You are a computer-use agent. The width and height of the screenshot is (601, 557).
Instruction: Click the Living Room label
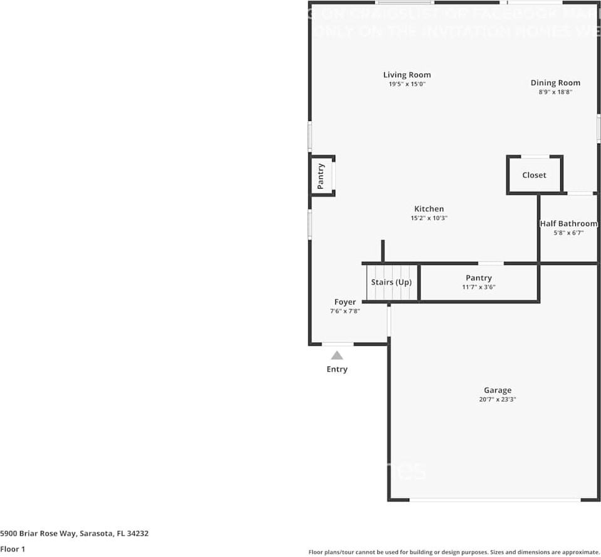[x=407, y=75]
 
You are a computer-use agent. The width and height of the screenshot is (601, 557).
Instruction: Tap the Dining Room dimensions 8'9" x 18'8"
[x=555, y=91]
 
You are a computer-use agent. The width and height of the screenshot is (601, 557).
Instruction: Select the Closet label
[x=534, y=175]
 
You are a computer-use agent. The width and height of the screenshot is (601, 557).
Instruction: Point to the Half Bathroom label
[x=568, y=224]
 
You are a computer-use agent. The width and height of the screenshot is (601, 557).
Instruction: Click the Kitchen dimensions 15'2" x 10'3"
[x=429, y=218]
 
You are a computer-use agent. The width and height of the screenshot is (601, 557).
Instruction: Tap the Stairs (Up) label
[x=391, y=282]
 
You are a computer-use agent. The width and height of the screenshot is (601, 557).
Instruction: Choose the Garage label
[x=497, y=390]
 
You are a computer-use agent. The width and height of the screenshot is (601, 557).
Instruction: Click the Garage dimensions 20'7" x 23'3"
[x=497, y=399]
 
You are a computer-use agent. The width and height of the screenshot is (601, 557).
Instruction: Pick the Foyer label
[x=345, y=302]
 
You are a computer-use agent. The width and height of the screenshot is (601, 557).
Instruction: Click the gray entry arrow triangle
[x=337, y=355]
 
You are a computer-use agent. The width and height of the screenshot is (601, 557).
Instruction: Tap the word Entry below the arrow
[x=337, y=369]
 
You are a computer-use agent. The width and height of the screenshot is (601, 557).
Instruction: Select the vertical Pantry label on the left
[x=321, y=176]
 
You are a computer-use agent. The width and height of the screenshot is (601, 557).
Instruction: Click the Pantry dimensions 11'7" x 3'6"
[x=478, y=287]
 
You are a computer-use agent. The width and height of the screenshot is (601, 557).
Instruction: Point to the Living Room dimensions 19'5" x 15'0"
[x=407, y=84]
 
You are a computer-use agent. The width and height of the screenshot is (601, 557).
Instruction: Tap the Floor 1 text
[x=13, y=549]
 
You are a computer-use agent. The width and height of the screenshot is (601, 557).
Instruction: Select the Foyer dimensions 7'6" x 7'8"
[x=345, y=311]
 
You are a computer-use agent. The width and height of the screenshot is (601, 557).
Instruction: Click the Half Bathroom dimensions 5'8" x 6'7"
[x=568, y=232]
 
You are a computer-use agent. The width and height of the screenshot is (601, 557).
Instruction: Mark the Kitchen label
[x=429, y=209]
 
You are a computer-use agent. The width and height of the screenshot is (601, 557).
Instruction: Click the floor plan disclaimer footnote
[x=454, y=552]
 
